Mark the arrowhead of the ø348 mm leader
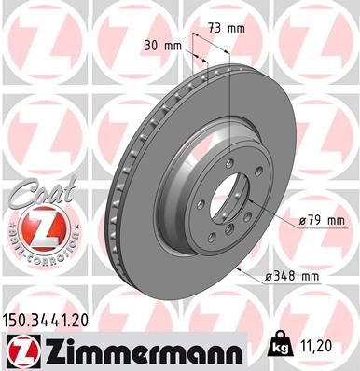(x=239, y=270)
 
